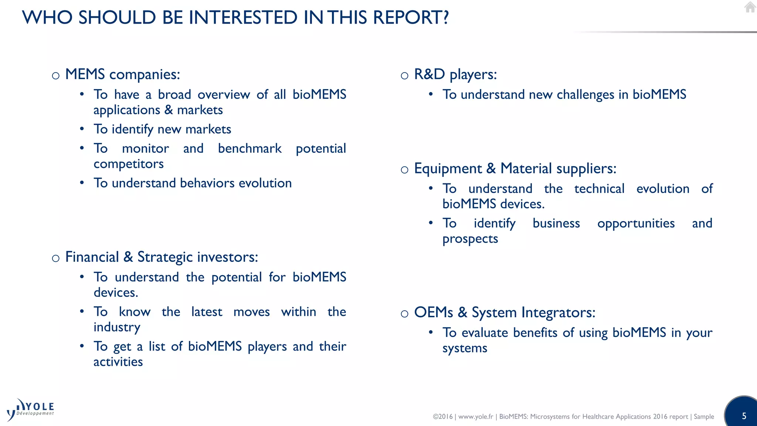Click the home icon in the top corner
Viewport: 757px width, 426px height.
[750, 7]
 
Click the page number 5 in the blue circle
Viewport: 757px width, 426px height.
[744, 416]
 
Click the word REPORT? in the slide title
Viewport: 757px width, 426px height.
[411, 17]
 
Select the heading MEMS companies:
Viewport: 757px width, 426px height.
[122, 75]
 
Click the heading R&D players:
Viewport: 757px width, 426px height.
[455, 75]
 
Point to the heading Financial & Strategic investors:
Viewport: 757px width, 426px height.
[162, 257]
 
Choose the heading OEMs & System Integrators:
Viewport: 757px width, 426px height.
[505, 313]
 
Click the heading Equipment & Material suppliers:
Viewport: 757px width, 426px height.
[515, 169]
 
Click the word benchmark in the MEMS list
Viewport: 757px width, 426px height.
[249, 149]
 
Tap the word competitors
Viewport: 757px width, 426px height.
[128, 164]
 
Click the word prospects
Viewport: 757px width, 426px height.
[470, 239]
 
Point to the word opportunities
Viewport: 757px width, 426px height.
[636, 224]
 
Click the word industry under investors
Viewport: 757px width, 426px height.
[117, 327]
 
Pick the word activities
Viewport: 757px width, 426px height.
[118, 362]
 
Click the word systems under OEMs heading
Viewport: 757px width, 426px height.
[465, 348]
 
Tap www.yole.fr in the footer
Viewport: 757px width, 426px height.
[475, 417]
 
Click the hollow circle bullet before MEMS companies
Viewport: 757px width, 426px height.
[56, 76]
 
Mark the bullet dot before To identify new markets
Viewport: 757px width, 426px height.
[82, 129]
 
